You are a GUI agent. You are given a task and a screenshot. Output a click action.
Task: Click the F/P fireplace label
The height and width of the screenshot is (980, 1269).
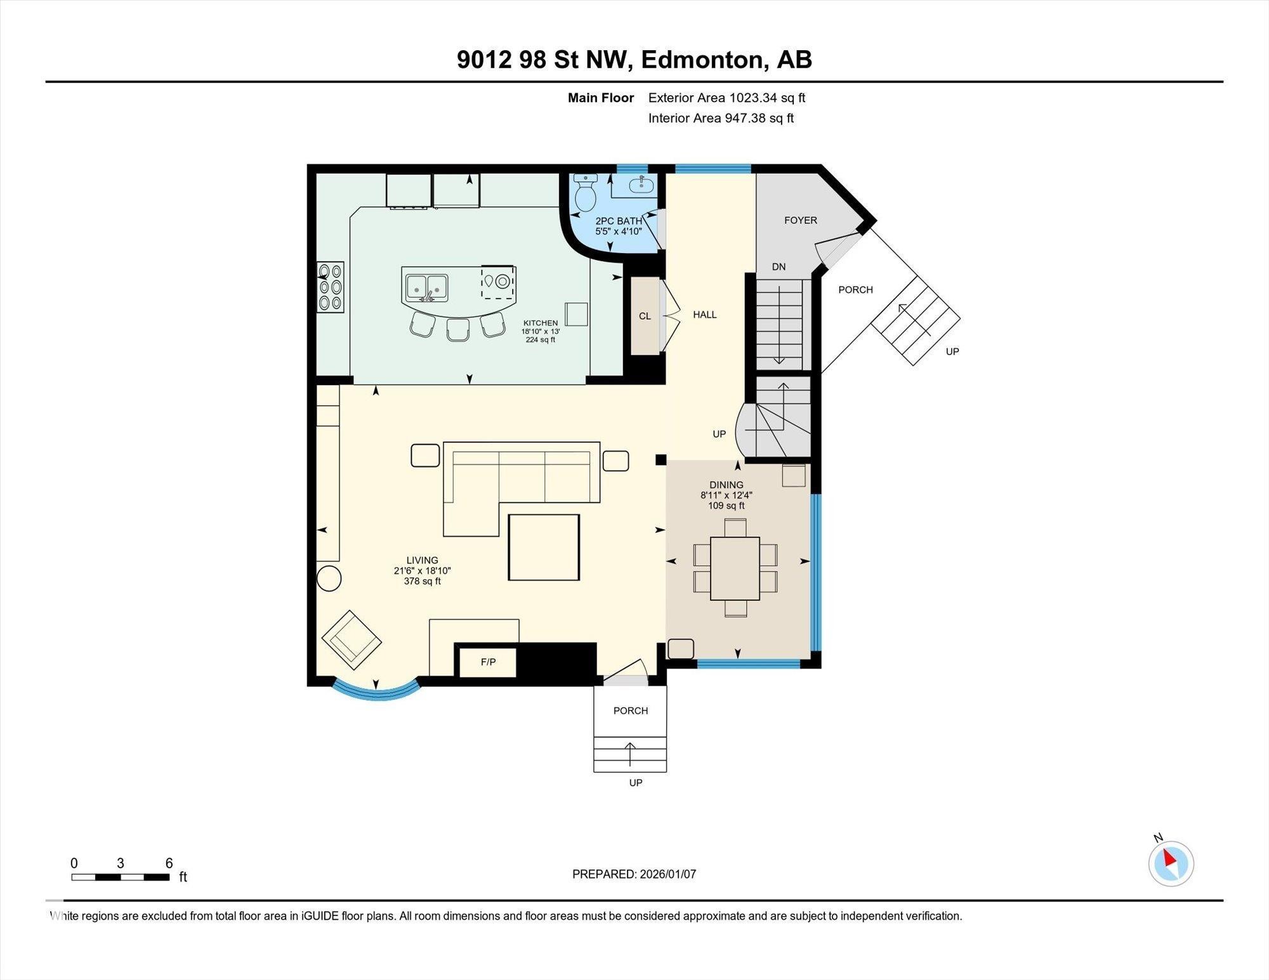488,662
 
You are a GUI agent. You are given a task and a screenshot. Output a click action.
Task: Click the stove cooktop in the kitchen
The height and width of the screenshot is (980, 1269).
331,287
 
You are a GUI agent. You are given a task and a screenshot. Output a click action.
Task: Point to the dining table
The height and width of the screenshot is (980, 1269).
735,568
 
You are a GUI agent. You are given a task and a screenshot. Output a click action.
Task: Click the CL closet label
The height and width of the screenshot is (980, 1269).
645,316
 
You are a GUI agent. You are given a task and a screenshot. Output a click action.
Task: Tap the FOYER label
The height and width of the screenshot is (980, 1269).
800,220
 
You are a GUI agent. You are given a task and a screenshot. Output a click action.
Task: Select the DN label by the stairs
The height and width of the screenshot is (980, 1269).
779,267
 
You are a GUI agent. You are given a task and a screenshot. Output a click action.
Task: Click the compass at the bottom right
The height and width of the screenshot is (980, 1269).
1171,863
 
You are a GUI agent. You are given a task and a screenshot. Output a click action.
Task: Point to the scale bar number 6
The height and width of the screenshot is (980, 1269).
169,863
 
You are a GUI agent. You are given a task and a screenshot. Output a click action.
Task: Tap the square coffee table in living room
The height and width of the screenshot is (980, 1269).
544,547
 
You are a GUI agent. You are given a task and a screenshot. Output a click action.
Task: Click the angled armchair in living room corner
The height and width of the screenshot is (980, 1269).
352,639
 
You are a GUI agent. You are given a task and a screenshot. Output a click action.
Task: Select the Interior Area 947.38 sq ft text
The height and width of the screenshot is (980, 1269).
721,118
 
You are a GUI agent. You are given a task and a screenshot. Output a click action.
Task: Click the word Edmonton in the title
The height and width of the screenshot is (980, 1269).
701,60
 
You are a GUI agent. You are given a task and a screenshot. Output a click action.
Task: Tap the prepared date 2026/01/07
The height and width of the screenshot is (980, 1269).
667,874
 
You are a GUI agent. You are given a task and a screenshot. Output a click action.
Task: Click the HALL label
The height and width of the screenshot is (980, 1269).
704,315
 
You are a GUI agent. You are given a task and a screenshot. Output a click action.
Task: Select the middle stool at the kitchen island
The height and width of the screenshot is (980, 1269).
457,330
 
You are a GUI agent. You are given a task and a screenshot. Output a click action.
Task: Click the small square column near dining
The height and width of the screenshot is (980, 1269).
661,460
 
